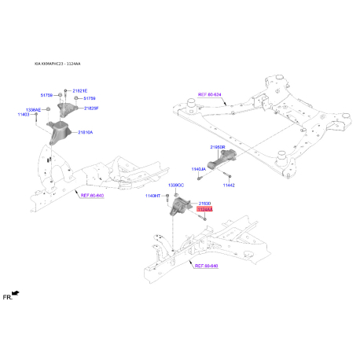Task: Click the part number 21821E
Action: point(80,91)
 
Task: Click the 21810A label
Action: point(85,133)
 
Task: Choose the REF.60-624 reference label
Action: point(211,94)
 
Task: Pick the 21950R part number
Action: point(218,147)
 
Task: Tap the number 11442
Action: point(229,185)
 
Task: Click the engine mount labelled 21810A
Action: point(58,132)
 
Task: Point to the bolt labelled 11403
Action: point(40,116)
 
